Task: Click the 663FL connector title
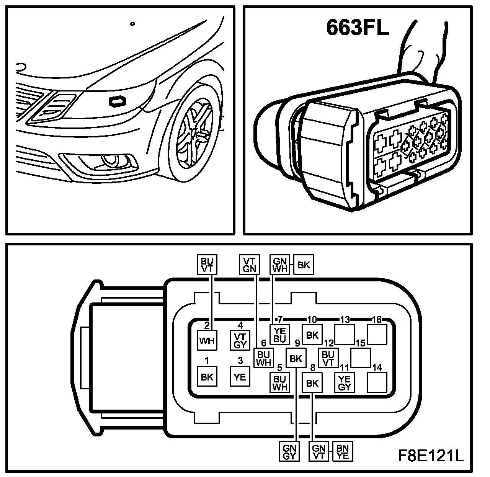click(x=357, y=28)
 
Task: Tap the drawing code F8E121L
click(x=430, y=456)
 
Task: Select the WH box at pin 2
click(x=207, y=340)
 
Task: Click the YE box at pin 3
click(x=240, y=377)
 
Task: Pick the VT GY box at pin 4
click(x=240, y=340)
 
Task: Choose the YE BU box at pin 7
click(x=280, y=335)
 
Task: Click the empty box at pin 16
click(x=377, y=334)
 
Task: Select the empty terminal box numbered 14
click(x=377, y=382)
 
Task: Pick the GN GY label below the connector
click(x=290, y=452)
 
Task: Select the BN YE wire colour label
click(x=343, y=452)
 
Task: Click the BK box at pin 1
click(x=207, y=377)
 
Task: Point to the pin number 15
click(x=360, y=343)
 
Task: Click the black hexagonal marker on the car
click(x=118, y=101)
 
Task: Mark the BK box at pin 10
click(x=312, y=335)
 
